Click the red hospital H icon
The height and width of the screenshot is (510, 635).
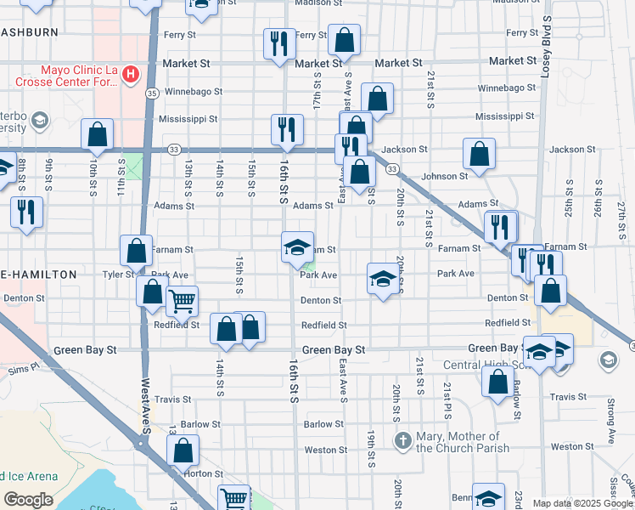(130, 75)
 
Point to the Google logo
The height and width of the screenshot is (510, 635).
(28, 500)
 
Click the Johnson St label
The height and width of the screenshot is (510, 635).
(445, 176)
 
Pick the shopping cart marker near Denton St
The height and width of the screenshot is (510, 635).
(182, 301)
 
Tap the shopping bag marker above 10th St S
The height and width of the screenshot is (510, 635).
(98, 135)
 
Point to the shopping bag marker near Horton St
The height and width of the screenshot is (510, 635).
(183, 451)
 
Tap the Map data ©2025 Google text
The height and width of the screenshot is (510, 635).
(582, 502)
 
